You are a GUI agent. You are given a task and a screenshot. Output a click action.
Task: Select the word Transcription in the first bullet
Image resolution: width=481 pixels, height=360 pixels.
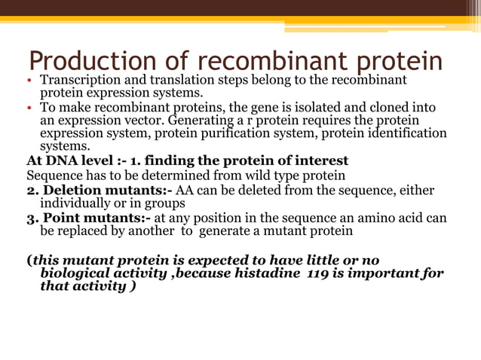click(78, 81)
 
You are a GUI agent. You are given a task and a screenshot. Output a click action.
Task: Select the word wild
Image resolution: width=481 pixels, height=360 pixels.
click(250, 174)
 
